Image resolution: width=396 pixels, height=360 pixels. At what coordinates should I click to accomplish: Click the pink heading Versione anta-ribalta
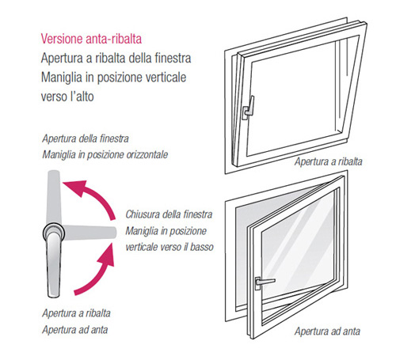[91, 39]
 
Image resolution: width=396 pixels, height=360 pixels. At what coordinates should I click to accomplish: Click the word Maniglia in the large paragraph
[62, 78]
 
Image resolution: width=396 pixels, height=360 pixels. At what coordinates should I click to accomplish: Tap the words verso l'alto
[67, 97]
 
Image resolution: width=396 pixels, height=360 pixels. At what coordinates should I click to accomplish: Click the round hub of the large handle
[54, 233]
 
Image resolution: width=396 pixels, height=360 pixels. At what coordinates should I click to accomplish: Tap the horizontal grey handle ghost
[89, 232]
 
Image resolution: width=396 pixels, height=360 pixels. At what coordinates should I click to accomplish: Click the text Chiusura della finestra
[169, 214]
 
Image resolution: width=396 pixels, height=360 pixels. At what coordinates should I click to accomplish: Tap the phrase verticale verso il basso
[169, 247]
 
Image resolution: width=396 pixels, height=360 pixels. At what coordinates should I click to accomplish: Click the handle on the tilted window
[249, 108]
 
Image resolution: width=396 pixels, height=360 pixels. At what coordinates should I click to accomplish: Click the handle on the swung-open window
[264, 282]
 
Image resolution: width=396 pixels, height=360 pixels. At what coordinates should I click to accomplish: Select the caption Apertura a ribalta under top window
[329, 161]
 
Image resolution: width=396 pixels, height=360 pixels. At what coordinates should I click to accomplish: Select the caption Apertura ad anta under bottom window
[328, 331]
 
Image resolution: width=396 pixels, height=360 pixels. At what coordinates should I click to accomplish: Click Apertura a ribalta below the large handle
[76, 313]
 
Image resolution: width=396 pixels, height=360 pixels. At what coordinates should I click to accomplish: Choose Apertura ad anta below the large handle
[75, 330]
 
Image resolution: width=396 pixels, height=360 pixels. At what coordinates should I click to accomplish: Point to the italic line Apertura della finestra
[86, 138]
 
